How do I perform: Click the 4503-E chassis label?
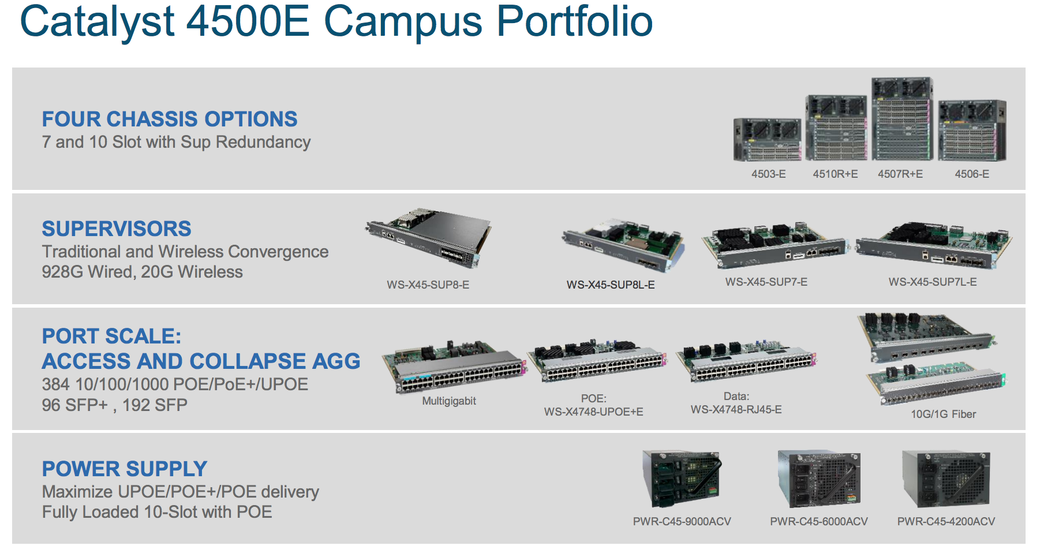tap(768, 174)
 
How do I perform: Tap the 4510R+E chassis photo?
tap(836, 128)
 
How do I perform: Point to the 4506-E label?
tap(971, 174)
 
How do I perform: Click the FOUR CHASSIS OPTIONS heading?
tap(170, 119)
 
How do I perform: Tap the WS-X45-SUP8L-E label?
tap(610, 285)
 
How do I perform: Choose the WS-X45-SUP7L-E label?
tap(932, 282)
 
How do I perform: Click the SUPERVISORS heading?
tap(117, 229)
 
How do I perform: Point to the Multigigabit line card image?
tap(454, 366)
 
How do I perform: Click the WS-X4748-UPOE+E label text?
tap(593, 412)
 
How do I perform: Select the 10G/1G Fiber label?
tap(943, 414)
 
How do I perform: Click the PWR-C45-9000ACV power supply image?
tap(682, 480)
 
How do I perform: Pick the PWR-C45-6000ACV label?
tap(818, 521)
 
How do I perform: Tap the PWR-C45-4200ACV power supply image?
tap(946, 480)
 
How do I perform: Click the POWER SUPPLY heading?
tap(125, 469)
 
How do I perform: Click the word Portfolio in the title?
tap(574, 22)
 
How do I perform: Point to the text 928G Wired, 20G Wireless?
tap(142, 272)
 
